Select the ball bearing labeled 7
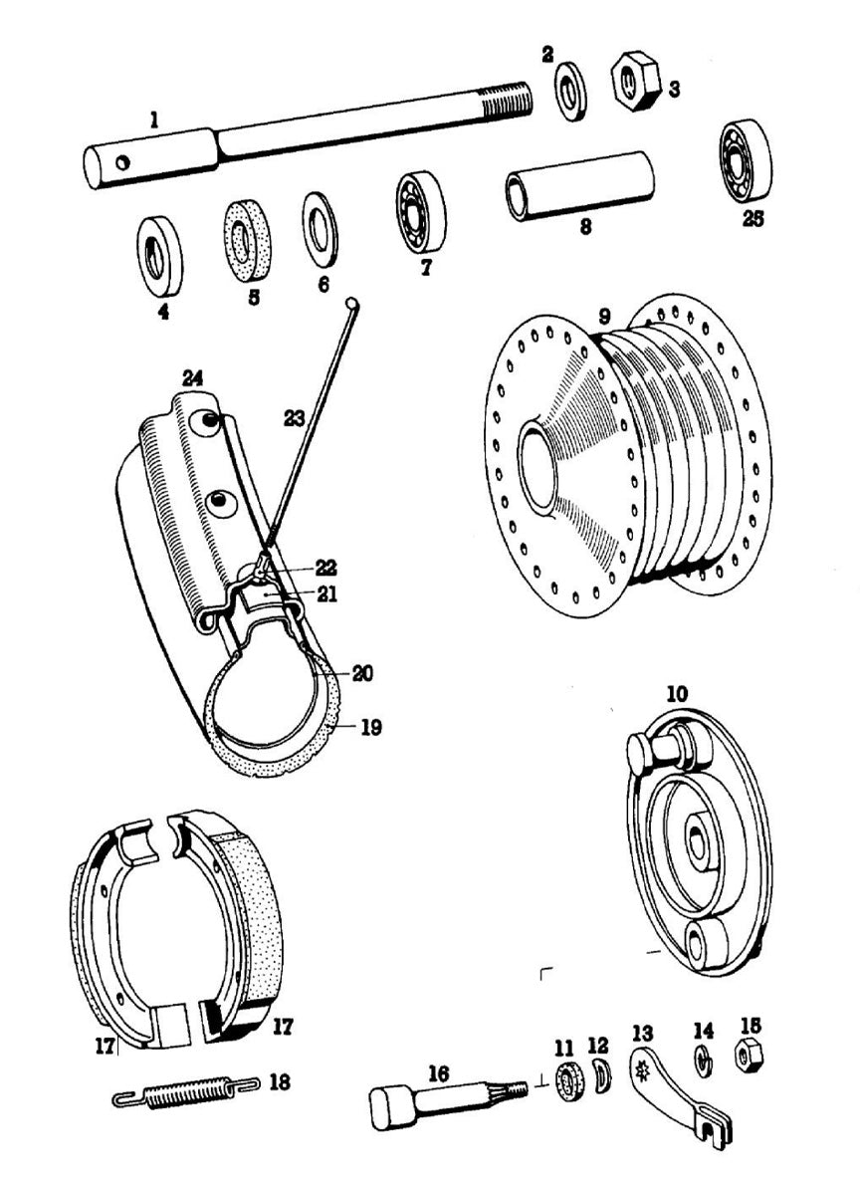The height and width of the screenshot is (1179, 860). point(421,212)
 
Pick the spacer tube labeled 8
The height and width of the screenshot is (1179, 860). point(579,184)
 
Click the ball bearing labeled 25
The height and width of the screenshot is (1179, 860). point(746,160)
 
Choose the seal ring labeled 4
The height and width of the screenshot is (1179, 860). point(159,256)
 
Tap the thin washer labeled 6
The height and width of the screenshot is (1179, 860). point(320,230)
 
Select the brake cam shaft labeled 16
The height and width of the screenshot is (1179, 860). point(443,1098)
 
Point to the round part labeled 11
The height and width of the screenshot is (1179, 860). point(568,1082)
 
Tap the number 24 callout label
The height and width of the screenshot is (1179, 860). point(192,377)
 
